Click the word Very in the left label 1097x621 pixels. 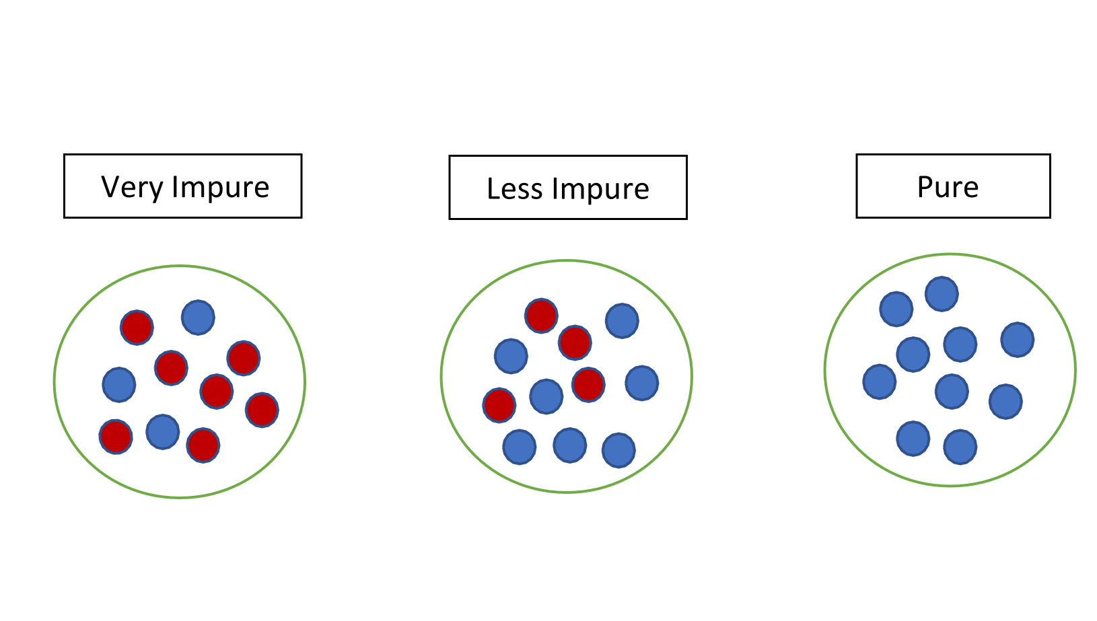132,187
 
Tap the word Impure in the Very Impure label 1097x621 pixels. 220,187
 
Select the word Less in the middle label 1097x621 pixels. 515,189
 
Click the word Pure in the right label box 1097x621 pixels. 948,187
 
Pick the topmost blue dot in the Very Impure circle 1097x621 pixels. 198,317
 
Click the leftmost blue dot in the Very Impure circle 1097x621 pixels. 119,384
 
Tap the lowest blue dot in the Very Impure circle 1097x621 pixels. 163,432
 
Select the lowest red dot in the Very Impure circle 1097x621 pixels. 203,445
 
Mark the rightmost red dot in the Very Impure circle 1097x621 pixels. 262,410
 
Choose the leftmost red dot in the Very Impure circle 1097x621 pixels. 116,437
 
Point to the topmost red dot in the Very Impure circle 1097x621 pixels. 137,328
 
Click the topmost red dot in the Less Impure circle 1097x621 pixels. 541,316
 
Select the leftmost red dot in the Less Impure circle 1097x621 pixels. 499,405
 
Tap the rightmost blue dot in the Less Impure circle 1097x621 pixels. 642,383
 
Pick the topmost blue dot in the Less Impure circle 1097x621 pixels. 622,320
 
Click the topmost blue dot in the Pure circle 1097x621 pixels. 942,293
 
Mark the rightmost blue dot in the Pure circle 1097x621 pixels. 1017,339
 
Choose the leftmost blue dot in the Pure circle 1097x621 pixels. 880,381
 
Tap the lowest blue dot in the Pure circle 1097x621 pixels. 960,447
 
